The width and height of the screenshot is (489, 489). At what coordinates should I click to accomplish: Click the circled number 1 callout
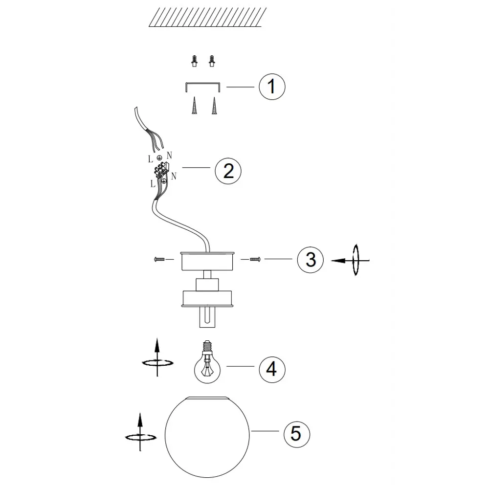click(x=272, y=87)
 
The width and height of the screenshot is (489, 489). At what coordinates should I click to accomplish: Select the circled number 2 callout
click(x=228, y=171)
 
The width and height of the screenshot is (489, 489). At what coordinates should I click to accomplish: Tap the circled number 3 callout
click(x=311, y=260)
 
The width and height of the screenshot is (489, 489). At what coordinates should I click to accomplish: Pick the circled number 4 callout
click(x=272, y=369)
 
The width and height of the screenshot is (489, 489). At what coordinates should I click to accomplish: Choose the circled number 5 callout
click(x=297, y=434)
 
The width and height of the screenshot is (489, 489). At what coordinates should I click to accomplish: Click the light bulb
click(x=207, y=362)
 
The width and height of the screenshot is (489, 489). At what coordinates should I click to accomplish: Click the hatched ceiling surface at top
click(x=207, y=17)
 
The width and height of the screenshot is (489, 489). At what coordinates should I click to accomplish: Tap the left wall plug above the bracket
click(x=195, y=61)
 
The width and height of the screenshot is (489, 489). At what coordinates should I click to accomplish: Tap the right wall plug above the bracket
click(x=212, y=61)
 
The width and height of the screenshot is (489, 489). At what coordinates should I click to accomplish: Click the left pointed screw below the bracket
click(x=194, y=106)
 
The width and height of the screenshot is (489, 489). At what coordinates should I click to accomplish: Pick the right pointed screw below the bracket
click(x=214, y=106)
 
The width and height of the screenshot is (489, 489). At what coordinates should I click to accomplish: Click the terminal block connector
click(x=162, y=170)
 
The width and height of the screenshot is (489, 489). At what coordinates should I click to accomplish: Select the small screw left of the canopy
click(x=159, y=259)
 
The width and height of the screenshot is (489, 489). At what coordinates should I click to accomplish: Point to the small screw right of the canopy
click(x=255, y=259)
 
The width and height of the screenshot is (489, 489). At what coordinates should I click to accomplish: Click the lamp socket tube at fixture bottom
click(x=207, y=317)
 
